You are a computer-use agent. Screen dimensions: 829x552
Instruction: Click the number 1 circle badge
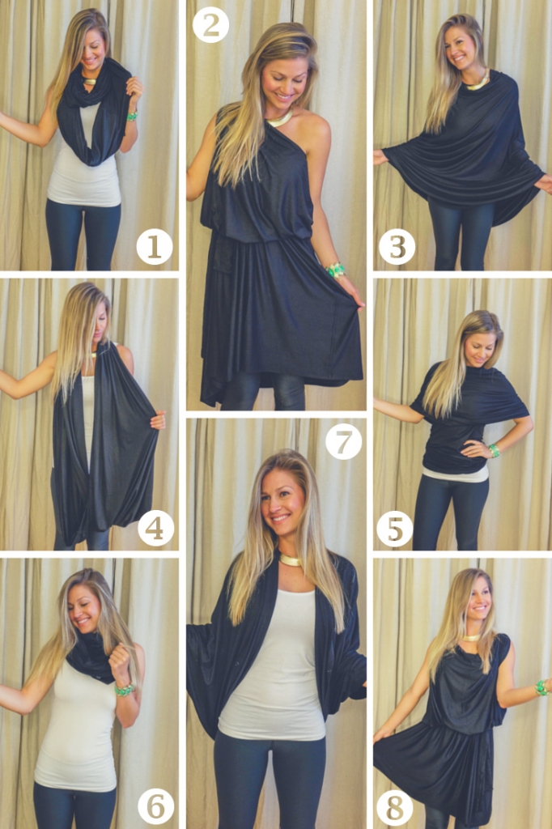[x=154, y=247]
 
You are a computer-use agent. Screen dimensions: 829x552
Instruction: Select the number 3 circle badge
[x=397, y=247]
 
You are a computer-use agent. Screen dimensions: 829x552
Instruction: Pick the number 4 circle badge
[x=155, y=528]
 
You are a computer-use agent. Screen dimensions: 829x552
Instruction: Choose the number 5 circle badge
[x=395, y=528]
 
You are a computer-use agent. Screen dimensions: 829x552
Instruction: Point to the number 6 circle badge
[x=155, y=806]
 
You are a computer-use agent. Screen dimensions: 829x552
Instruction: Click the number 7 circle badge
[x=343, y=441]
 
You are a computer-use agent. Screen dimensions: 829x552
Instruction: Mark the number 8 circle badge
[x=395, y=806]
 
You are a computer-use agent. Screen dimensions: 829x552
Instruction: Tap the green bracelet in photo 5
[x=494, y=450]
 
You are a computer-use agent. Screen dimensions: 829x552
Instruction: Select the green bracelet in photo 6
[x=124, y=689]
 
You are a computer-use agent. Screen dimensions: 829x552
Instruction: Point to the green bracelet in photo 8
[x=541, y=687]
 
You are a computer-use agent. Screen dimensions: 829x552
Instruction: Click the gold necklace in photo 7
[x=290, y=560]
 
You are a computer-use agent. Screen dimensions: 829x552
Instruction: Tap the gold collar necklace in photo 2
[x=279, y=119]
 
